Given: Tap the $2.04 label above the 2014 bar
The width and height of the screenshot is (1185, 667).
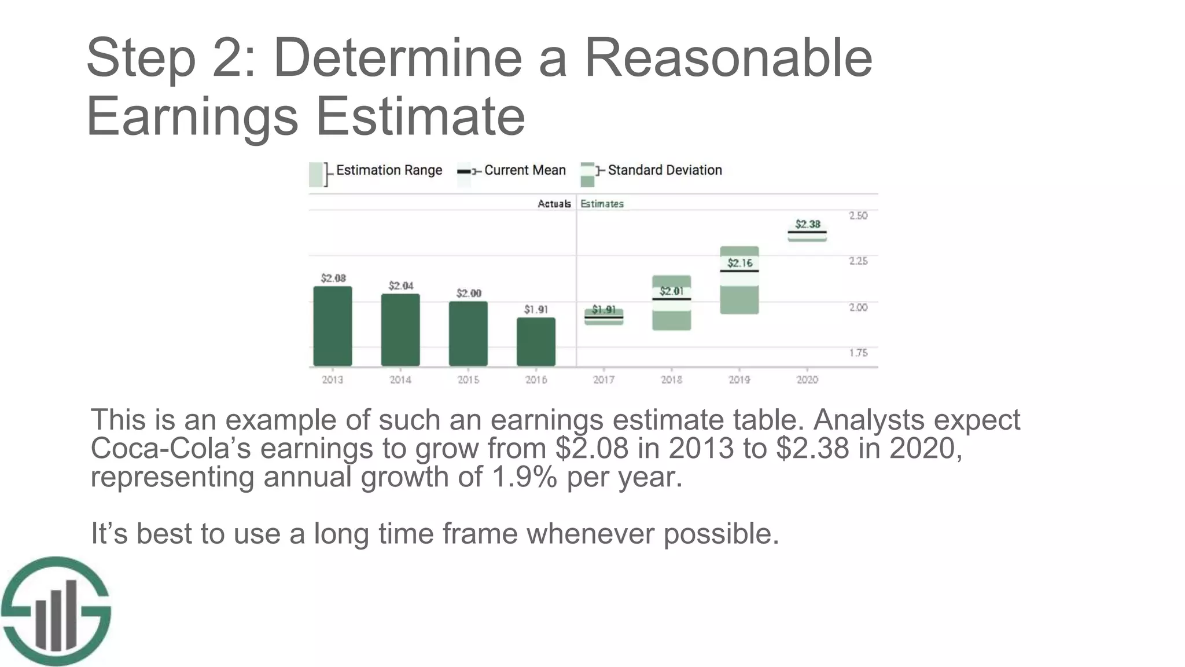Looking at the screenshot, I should (x=401, y=285).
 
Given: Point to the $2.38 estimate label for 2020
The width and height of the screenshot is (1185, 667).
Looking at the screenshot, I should (x=807, y=224).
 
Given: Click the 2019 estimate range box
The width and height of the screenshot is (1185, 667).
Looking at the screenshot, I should (x=739, y=281).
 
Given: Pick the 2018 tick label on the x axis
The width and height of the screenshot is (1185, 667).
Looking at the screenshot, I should (x=671, y=380).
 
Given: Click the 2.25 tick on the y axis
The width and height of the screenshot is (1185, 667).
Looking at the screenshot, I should (x=858, y=261).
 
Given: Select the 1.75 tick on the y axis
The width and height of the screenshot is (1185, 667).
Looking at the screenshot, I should (x=858, y=353).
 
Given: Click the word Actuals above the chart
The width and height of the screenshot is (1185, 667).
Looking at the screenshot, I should (x=554, y=204).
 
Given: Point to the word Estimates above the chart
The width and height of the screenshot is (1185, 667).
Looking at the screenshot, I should (x=602, y=204).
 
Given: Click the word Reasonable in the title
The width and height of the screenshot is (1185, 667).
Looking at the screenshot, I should (x=728, y=58).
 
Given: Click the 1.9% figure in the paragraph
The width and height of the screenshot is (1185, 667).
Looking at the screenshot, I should (x=524, y=477).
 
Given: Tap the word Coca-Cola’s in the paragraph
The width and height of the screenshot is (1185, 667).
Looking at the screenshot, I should (x=171, y=448).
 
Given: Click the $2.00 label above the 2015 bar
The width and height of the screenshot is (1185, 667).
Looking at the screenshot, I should (x=469, y=293).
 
